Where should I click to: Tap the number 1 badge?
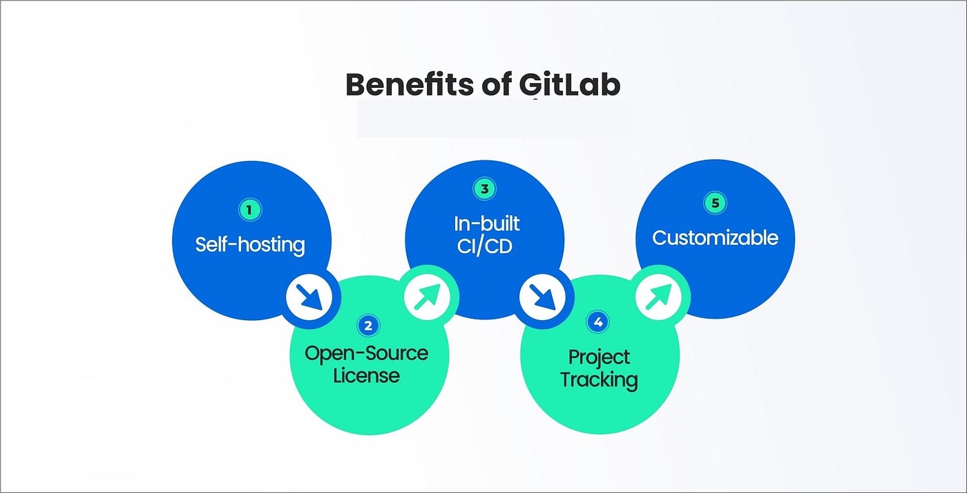[250, 210]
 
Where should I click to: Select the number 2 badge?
[369, 325]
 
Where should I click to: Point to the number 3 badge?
[484, 189]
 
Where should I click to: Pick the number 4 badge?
[598, 322]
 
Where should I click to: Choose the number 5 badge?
[715, 203]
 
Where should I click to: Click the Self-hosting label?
[250, 244]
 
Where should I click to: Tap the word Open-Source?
[367, 353]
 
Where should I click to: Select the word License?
[366, 376]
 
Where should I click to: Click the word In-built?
[486, 223]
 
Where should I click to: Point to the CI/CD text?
[485, 245]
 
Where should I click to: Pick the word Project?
[599, 357]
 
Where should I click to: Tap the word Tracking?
[599, 380]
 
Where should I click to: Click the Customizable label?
[715, 238]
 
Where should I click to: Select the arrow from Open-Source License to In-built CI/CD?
[427, 297]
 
